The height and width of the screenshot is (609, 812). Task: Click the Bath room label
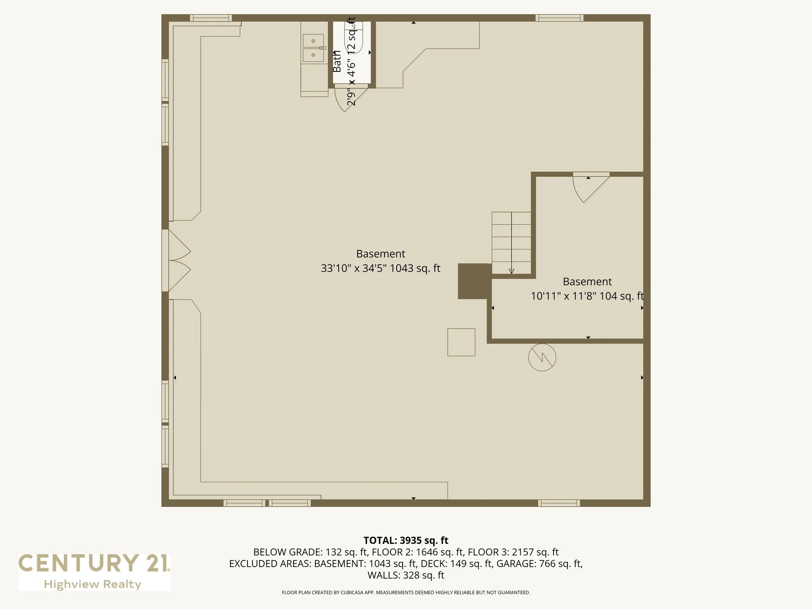point(337,61)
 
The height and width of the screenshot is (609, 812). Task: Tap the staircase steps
point(511,243)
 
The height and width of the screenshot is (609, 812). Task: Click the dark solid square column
point(475,281)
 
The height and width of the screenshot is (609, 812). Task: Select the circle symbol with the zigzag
point(542,357)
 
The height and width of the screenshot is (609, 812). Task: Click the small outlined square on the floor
point(461,342)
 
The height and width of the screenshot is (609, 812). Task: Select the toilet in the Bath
point(354,38)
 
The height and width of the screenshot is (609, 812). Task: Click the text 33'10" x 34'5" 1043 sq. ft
point(381,268)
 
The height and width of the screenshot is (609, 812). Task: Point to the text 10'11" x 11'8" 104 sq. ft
point(587,296)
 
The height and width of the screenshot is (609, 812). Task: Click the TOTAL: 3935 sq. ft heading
point(406,540)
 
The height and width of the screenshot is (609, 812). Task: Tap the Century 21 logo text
point(94,563)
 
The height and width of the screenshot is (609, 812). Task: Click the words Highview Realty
point(93,584)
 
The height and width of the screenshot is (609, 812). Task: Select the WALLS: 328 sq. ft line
point(406,575)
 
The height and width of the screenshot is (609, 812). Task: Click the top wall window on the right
point(560,18)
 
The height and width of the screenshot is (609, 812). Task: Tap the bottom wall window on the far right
point(559,503)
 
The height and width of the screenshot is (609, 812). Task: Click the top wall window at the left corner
point(211,18)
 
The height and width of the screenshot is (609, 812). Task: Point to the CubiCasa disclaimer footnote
point(406,593)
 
